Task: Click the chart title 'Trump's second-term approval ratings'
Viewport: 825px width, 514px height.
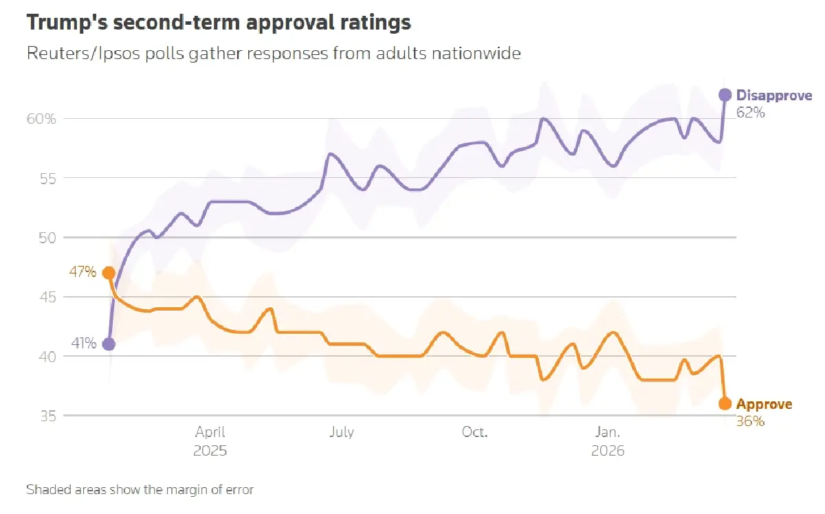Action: click(x=219, y=22)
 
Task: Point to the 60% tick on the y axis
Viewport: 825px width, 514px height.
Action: click(x=41, y=119)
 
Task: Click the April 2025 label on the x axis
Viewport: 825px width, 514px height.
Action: click(x=210, y=441)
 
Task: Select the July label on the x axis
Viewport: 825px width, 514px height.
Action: click(x=342, y=432)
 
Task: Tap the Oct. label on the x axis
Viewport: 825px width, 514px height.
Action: click(x=474, y=432)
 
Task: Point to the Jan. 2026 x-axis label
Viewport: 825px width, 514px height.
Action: click(x=608, y=441)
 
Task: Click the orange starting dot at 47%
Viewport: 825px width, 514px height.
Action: click(x=109, y=273)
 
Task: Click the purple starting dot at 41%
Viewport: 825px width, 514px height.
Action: click(x=109, y=344)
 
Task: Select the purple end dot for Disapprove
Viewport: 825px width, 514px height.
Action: click(x=725, y=95)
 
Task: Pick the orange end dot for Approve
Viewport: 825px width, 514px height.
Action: click(x=725, y=404)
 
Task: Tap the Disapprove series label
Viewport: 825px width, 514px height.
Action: click(x=773, y=96)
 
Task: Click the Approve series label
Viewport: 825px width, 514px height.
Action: click(x=764, y=405)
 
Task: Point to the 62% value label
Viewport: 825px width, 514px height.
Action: click(x=750, y=112)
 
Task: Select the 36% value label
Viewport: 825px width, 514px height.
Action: click(x=750, y=421)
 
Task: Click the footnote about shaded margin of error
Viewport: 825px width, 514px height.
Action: click(x=140, y=490)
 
